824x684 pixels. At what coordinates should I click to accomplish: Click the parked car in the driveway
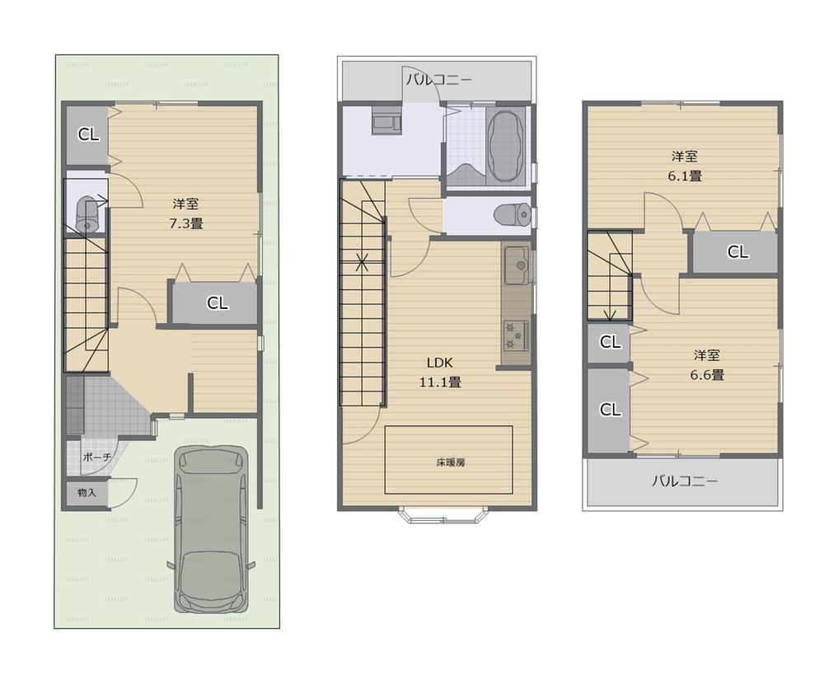coord(211,529)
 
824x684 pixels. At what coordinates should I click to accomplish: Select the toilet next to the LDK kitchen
coord(513,214)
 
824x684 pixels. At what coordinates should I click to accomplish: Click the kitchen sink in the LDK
coord(517,265)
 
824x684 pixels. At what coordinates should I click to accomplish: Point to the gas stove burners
coord(516,336)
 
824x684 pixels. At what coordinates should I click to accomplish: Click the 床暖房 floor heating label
coord(451,462)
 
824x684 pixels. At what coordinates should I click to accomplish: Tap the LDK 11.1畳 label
coord(440,372)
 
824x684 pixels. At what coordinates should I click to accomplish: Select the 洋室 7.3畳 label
coord(186,213)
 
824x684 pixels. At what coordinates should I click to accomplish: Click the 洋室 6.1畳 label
coord(685,166)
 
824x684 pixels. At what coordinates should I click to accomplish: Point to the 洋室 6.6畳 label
coord(707,365)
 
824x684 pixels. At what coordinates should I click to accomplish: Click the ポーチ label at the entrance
coord(96,457)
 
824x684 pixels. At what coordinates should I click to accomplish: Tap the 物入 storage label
coord(87,493)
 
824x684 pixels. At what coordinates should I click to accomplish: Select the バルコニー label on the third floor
coord(684,480)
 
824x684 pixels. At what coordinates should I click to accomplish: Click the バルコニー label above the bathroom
coord(439,80)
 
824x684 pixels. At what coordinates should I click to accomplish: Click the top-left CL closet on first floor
coord(88,134)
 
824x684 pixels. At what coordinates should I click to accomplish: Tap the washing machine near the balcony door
coord(386,120)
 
